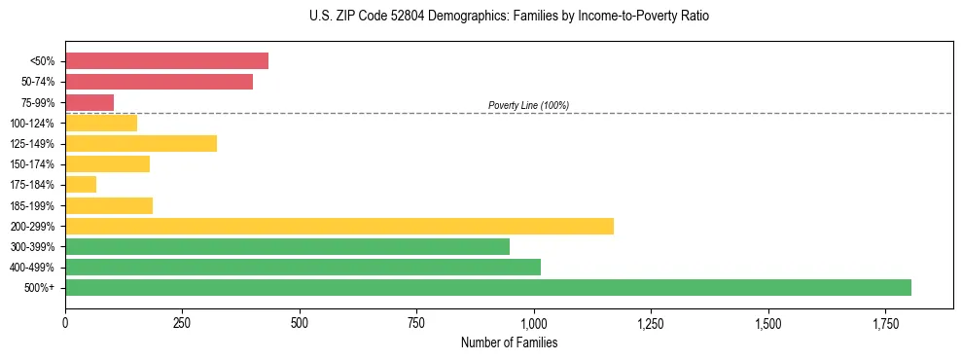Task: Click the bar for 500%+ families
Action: point(487,287)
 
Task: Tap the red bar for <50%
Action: point(166,60)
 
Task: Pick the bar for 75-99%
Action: point(89,102)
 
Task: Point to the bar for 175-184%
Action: point(81,184)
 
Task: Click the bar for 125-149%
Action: point(141,143)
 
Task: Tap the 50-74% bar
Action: point(159,82)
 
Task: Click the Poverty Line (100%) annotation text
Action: point(528,105)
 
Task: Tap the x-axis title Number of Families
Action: point(509,342)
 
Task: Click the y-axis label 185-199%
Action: point(32,205)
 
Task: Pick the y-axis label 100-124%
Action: point(32,123)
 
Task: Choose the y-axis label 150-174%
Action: point(32,163)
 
